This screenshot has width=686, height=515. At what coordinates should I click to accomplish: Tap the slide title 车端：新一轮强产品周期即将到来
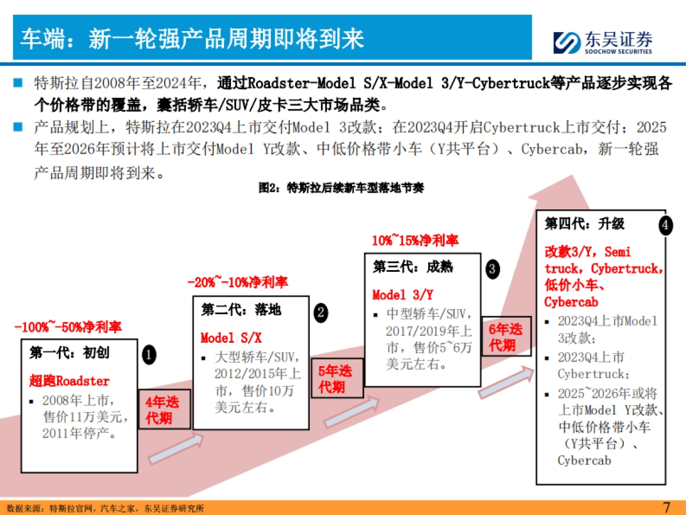192,39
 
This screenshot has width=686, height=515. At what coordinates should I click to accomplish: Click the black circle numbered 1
149,355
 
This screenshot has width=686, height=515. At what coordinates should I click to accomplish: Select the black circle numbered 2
321,312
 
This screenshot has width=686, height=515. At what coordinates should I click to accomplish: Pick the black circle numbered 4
664,225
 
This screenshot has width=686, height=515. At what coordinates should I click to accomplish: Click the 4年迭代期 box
165,410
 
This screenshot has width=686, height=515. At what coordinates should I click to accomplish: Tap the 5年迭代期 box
337,379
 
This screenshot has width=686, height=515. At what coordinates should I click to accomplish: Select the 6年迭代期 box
505,336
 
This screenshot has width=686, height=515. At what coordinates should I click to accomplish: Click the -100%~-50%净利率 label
68,328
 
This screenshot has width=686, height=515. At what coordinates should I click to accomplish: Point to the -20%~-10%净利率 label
237,282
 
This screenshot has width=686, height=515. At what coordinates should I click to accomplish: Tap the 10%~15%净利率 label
414,240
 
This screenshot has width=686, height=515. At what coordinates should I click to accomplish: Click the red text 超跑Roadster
69,381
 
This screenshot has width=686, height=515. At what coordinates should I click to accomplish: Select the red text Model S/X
231,338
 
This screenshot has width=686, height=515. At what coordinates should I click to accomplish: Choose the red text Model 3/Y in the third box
402,295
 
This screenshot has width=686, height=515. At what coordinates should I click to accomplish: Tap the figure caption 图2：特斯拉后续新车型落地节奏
341,188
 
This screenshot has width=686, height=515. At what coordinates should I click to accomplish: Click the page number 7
666,507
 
